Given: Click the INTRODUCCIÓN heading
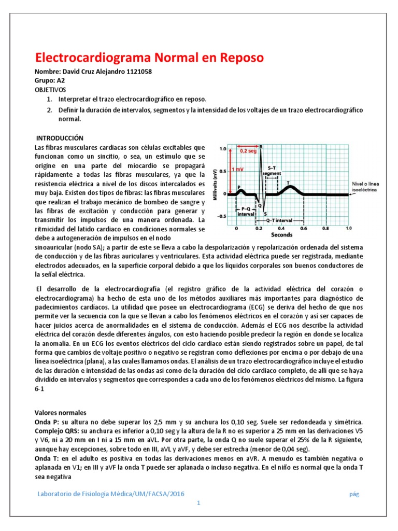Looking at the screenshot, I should (x=59, y=138).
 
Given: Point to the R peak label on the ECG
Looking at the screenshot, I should (x=261, y=147).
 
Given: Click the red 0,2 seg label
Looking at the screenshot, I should (x=248, y=151).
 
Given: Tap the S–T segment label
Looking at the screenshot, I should (x=272, y=171).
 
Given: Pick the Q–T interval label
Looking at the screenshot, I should (x=280, y=220).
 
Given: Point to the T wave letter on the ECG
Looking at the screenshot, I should (x=288, y=182).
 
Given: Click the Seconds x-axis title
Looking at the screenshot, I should (x=285, y=234).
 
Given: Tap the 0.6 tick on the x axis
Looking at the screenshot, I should (x=303, y=228).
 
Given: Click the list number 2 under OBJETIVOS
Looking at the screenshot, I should (x=49, y=110).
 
